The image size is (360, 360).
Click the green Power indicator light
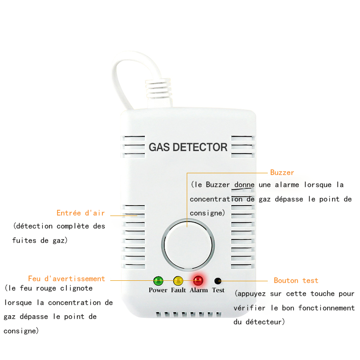(158, 281)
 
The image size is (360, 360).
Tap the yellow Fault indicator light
(178, 281)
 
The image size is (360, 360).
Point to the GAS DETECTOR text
(188, 147)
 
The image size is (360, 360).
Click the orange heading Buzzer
(282, 172)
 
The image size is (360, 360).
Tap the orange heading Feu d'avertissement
(67, 279)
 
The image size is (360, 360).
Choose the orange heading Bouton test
(296, 280)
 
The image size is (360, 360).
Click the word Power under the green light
(158, 290)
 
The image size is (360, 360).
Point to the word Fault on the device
(178, 290)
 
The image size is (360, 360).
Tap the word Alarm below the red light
(198, 290)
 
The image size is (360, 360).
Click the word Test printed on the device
(218, 290)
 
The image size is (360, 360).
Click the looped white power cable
(124, 76)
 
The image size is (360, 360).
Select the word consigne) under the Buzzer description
(207, 213)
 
